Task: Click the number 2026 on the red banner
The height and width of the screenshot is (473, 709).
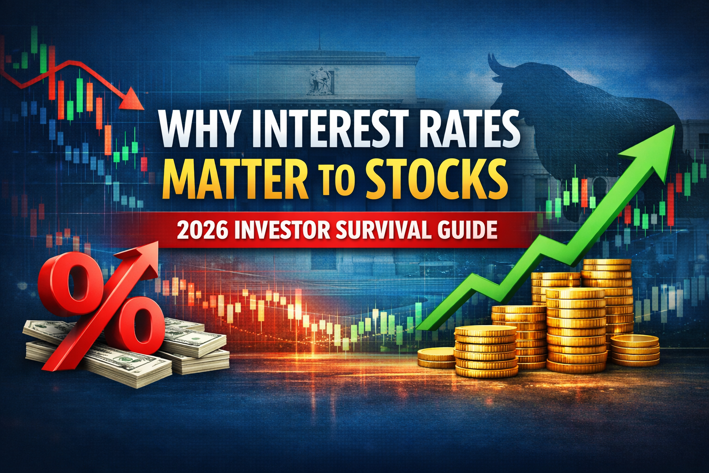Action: coord(203,230)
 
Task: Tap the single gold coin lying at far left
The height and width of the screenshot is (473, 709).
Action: coord(436,358)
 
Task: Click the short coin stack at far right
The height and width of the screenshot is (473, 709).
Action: coord(635,350)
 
